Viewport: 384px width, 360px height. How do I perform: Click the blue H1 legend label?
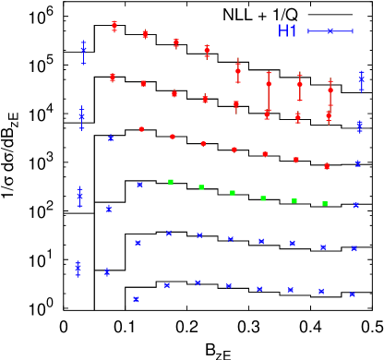287,31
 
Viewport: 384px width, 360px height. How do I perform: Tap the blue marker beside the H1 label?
330,31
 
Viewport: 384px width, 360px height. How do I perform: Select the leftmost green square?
171,182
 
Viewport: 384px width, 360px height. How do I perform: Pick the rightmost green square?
325,203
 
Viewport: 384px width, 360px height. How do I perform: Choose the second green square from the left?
201,187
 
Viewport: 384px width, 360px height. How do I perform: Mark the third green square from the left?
233,193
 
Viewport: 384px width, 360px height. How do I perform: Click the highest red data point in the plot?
114,26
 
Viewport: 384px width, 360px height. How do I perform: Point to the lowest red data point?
327,166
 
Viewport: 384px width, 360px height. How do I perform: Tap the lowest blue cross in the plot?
136,299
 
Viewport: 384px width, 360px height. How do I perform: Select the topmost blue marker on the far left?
83,51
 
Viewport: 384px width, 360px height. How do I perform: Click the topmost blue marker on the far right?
362,80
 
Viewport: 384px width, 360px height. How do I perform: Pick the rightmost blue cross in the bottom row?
353,294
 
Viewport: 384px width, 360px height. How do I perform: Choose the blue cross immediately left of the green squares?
139,185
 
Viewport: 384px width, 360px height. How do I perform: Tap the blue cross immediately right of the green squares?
356,205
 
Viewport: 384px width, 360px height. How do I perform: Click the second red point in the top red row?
145,34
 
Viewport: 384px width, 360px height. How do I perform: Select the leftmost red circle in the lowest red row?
141,129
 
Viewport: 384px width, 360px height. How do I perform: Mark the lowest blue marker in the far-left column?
78,270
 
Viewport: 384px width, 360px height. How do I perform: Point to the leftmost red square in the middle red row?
113,78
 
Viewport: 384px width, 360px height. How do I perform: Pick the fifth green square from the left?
294,200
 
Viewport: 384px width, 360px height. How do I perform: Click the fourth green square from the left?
263,198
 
